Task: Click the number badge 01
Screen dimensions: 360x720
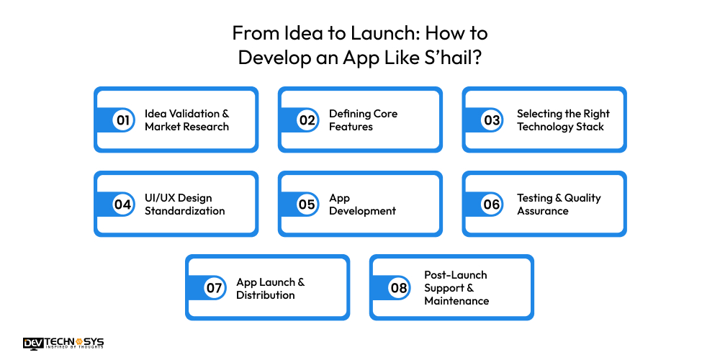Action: tap(123, 120)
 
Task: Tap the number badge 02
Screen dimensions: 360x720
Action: tap(307, 120)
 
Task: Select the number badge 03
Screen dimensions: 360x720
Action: tap(492, 120)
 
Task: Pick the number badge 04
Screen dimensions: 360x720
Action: tap(123, 204)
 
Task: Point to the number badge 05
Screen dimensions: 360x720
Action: tap(307, 204)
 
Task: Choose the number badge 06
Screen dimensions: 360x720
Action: tap(492, 204)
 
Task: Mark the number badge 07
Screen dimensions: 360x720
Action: tap(215, 289)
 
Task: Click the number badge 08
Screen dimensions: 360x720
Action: tap(399, 289)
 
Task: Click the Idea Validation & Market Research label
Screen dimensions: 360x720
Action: tap(186, 120)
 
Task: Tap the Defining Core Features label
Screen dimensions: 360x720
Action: tap(363, 120)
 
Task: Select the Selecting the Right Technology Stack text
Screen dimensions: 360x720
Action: tap(563, 120)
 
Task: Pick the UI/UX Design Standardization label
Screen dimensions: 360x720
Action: tap(184, 204)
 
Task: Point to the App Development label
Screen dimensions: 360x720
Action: tap(362, 204)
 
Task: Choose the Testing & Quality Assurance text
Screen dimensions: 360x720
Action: tap(559, 204)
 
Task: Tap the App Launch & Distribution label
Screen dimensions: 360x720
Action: tap(270, 289)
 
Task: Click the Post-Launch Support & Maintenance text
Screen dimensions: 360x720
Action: tap(456, 288)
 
